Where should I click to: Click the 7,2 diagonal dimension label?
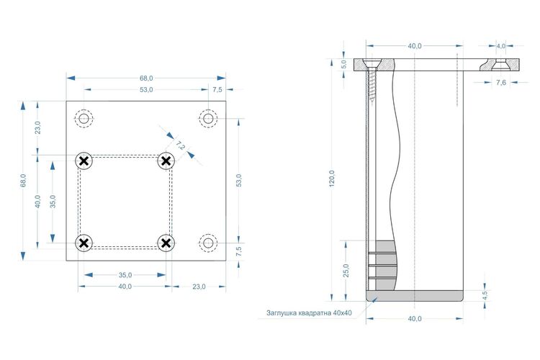tap(180, 145)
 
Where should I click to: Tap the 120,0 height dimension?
tap(332, 179)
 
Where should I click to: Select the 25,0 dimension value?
tap(346, 271)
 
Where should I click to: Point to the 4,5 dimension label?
tap(485, 296)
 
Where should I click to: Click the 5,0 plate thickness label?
tap(343, 64)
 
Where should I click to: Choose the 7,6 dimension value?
tap(501, 82)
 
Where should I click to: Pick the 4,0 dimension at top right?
tap(500, 45)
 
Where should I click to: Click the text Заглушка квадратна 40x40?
tap(309, 313)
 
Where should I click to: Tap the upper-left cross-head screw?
tap(84, 161)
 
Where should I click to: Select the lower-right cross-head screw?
tap(166, 243)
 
